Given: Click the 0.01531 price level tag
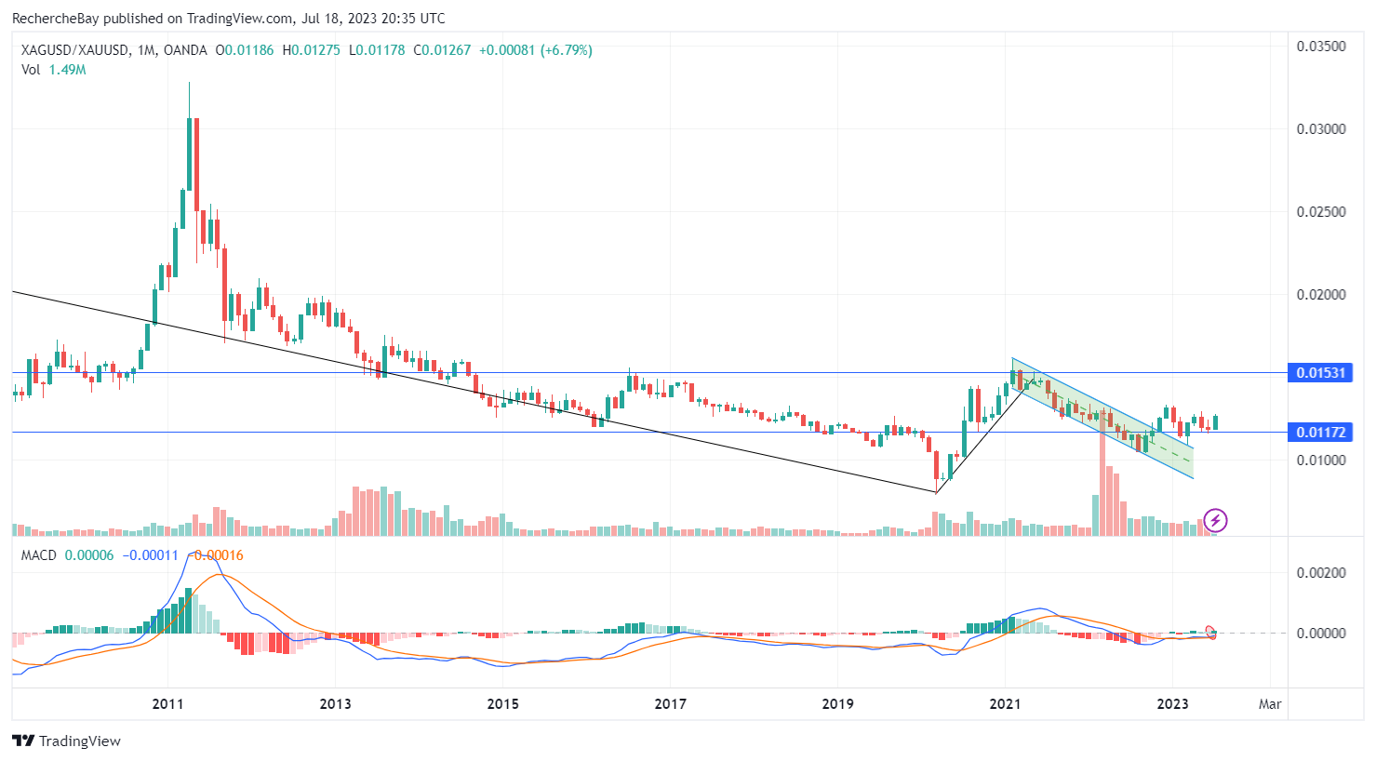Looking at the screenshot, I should click(x=1320, y=373).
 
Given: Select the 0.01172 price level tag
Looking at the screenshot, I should click(x=1320, y=433).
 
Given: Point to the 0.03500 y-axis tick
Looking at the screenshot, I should click(x=1321, y=47).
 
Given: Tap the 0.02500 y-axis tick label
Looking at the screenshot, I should click(x=1321, y=212).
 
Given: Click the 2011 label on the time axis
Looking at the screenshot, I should click(x=167, y=703).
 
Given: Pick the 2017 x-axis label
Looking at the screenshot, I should click(x=670, y=703).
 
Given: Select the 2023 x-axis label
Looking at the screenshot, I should click(x=1172, y=703).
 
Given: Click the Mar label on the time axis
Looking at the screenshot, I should click(x=1270, y=703).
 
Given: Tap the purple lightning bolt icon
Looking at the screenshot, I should click(x=1215, y=521).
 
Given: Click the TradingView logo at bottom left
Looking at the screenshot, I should click(x=67, y=741).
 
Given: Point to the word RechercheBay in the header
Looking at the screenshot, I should click(x=55, y=19).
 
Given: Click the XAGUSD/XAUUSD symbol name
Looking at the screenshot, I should click(x=74, y=50).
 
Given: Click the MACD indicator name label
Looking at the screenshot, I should click(x=39, y=555).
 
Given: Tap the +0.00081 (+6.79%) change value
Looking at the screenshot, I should click(x=535, y=50).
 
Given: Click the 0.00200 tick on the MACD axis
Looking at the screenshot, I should click(x=1321, y=573).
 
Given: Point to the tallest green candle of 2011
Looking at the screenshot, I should click(x=189, y=154).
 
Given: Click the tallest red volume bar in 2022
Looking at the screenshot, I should click(x=1102, y=484).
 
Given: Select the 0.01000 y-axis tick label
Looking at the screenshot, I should click(x=1321, y=461).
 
